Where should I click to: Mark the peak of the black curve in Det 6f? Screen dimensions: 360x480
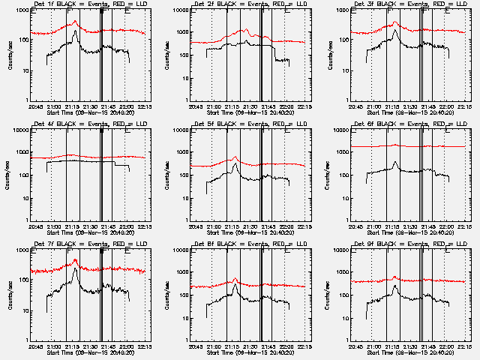click(396, 161)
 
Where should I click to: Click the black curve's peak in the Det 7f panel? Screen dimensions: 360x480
click(76, 268)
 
